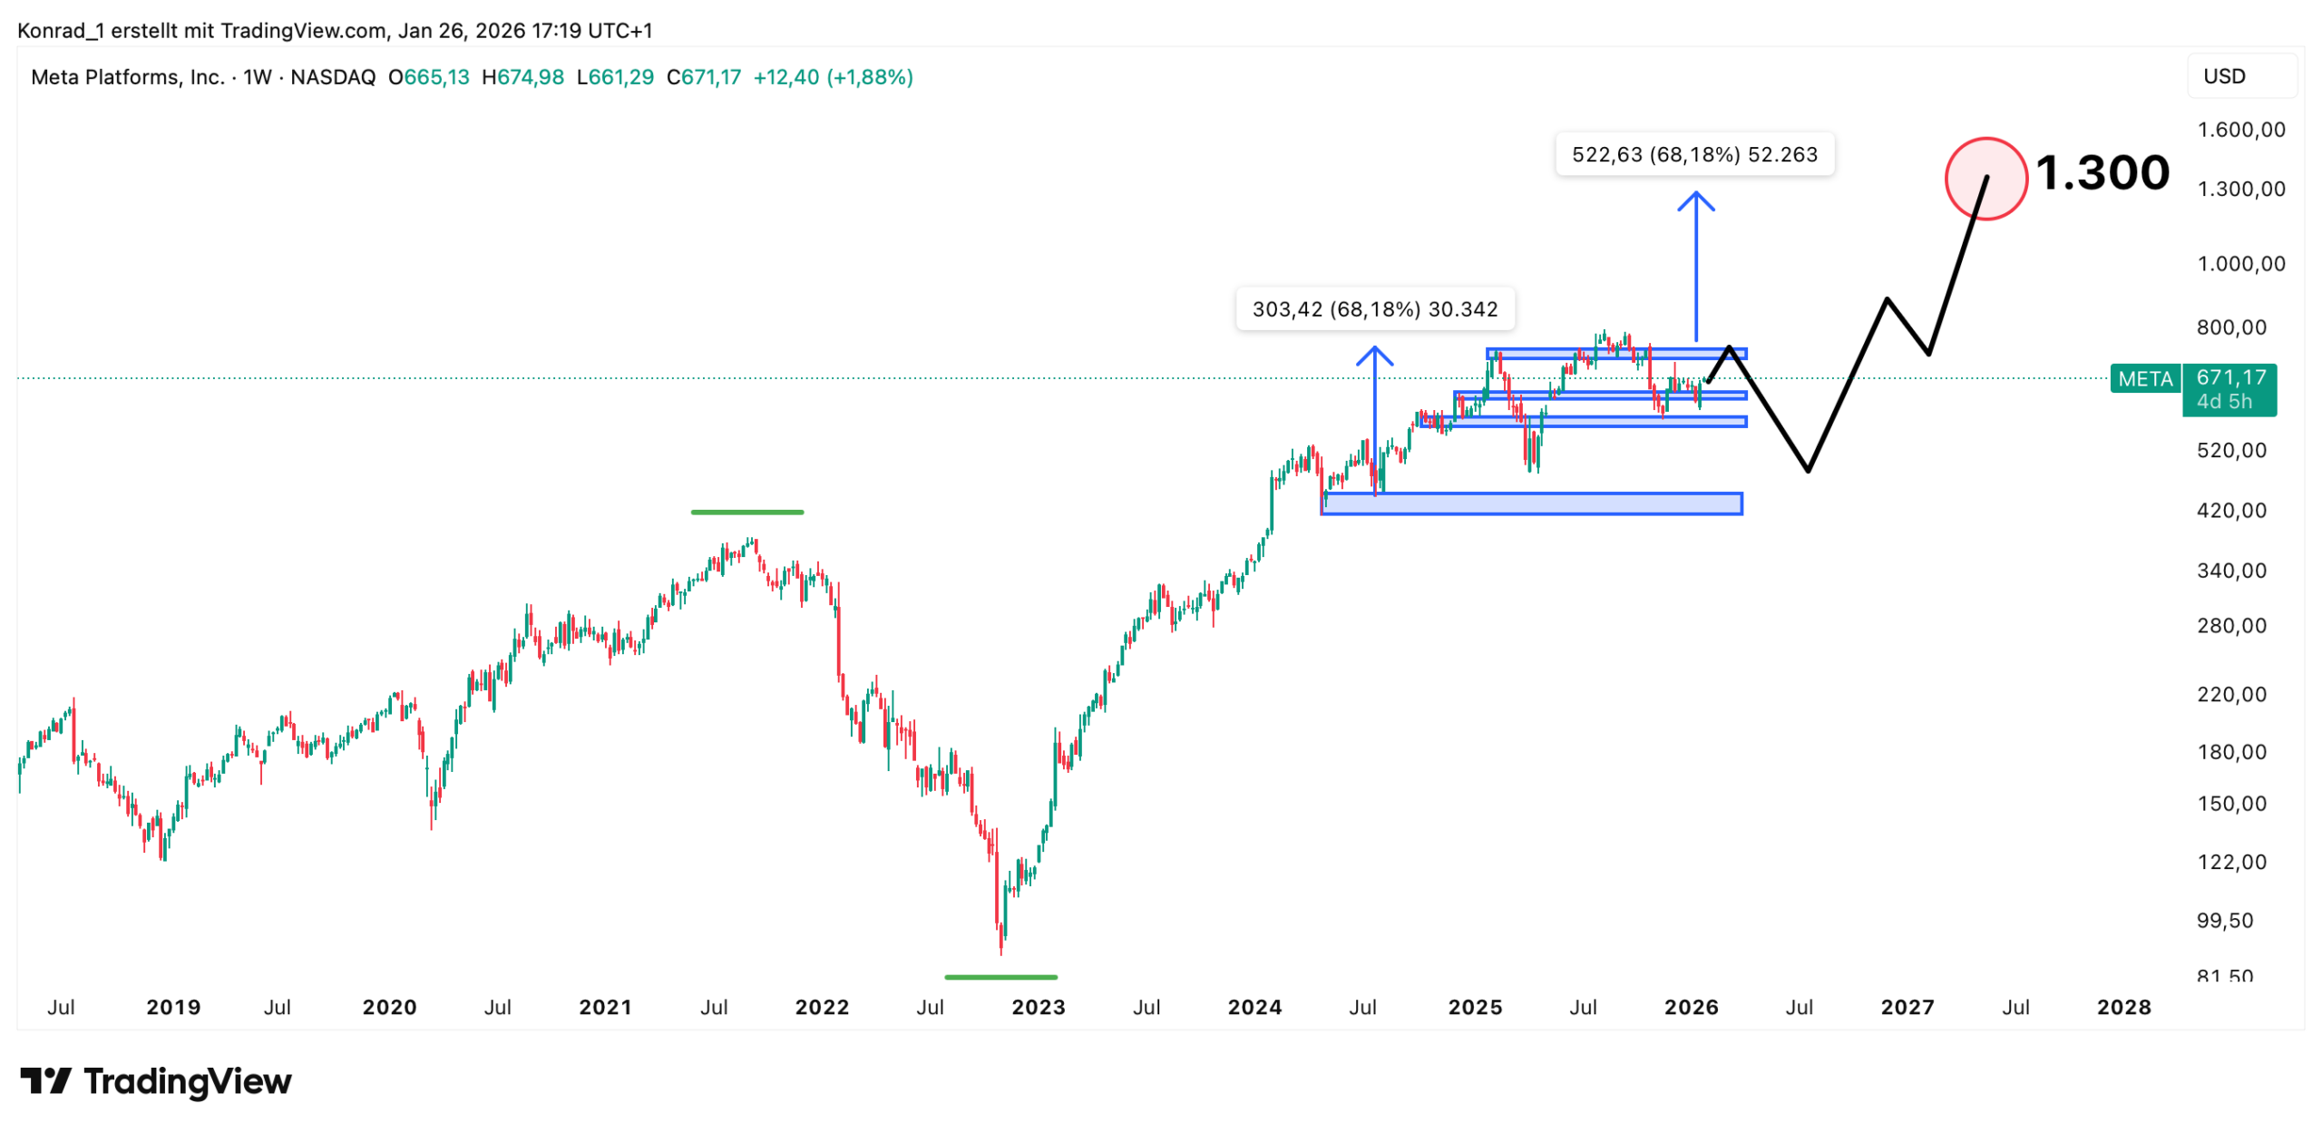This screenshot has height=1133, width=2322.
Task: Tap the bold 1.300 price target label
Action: [x=2101, y=172]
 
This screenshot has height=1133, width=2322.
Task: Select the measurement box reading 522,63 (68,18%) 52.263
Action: [x=1693, y=154]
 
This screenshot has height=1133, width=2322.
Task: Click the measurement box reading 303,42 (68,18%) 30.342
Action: [x=1373, y=309]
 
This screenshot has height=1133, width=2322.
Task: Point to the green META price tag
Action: [x=2143, y=378]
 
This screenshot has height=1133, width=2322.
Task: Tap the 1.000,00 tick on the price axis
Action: [x=2239, y=264]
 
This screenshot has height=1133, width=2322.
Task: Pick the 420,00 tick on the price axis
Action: [x=2230, y=511]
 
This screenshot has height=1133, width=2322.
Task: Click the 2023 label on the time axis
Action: [x=1038, y=1007]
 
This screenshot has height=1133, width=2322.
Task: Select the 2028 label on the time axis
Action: [x=2122, y=1007]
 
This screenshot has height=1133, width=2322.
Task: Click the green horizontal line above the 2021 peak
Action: [x=746, y=513]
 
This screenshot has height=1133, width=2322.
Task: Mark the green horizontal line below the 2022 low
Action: [x=1000, y=977]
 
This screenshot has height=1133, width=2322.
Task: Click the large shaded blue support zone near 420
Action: [x=1530, y=503]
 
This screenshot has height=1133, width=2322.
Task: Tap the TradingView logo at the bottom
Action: [x=156, y=1081]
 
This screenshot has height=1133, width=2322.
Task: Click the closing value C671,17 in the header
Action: [x=703, y=77]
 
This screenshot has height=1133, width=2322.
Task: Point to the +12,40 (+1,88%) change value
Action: [x=832, y=77]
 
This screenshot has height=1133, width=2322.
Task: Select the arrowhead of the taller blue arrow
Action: [x=1694, y=196]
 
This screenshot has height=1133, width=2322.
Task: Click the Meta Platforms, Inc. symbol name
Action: [x=127, y=77]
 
